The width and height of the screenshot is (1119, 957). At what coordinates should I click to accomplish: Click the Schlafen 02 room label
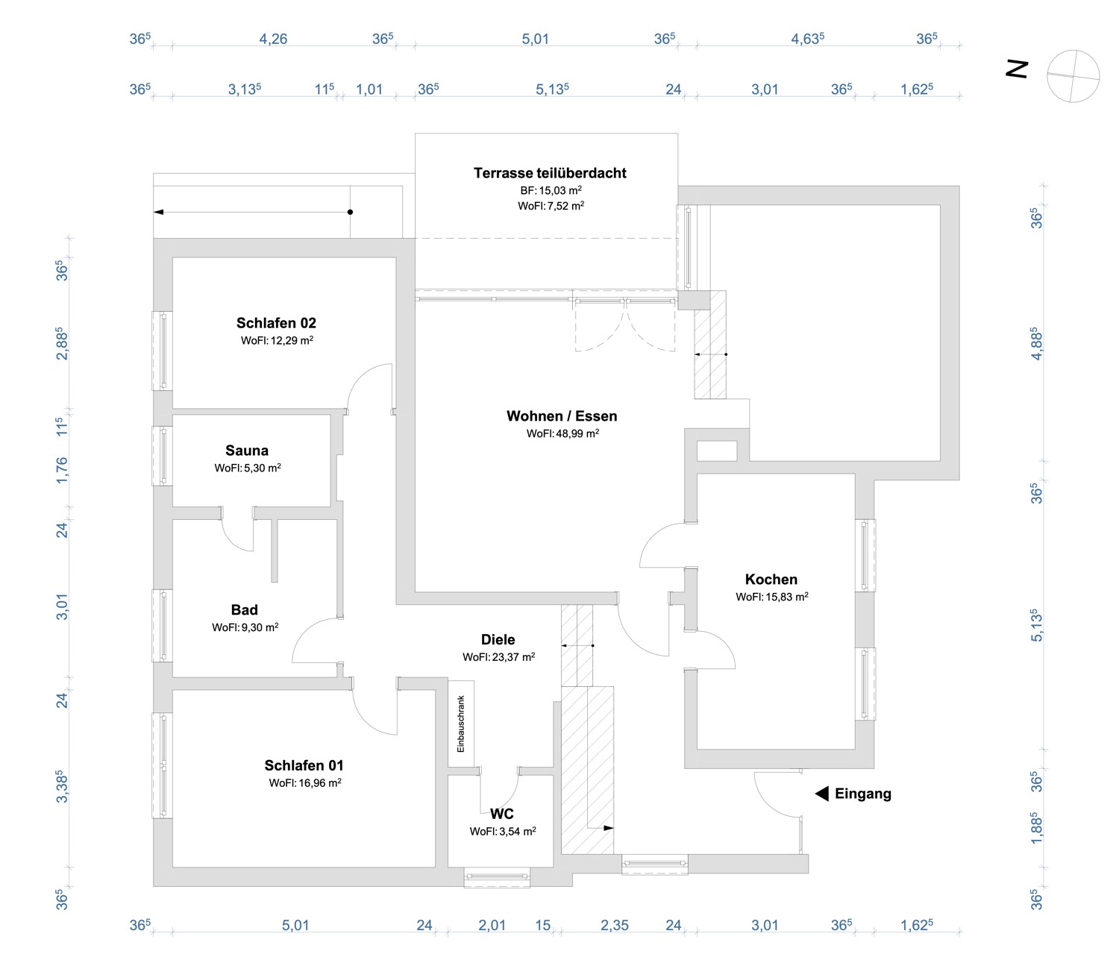pos(276,323)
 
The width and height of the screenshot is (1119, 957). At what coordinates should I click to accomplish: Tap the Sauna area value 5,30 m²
pos(248,468)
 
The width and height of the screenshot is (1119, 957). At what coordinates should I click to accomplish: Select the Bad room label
pos(244,610)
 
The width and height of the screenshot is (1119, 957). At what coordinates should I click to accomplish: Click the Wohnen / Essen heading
pos(562,416)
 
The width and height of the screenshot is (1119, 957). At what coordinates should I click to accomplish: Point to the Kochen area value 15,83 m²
pos(772,597)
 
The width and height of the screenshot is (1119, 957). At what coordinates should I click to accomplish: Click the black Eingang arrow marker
pos(821,794)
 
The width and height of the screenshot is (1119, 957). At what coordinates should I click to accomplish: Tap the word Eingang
pos(863,794)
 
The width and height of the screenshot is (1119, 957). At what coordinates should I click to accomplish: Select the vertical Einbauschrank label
pos(461,724)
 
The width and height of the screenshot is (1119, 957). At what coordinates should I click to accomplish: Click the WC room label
pos(502,814)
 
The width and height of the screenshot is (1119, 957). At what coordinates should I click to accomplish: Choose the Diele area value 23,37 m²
pos(498,657)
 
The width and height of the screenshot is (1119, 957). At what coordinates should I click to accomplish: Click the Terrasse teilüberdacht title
pos(550,173)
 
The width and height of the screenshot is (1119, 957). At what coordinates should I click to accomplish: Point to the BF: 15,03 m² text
pos(551,190)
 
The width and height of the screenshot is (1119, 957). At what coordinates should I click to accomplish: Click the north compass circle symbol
pos(1073,76)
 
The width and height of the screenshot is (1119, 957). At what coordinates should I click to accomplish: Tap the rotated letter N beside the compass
pos(1017,69)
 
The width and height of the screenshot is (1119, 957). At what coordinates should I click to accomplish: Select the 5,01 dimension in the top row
pos(535,39)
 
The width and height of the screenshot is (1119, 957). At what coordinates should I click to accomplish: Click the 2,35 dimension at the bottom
pos(615,926)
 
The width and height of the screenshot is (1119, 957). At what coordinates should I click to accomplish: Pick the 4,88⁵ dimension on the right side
pos(1035,344)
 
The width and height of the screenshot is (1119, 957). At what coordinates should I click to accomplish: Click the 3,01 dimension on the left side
pos(62,606)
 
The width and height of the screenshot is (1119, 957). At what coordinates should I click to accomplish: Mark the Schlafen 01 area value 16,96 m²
pos(305,783)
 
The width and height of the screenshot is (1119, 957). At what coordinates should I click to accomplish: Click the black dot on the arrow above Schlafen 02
pos(350,212)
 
